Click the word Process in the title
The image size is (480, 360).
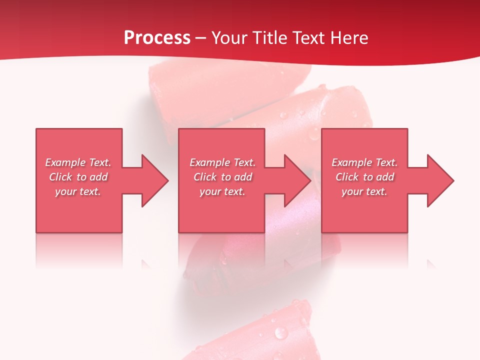[x=157, y=38]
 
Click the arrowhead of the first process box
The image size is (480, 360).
[x=152, y=180]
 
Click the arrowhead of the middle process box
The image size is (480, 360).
[x=295, y=180]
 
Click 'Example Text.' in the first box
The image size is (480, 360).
[x=78, y=162]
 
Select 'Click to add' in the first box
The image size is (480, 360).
[x=78, y=177]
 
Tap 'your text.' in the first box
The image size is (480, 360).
[x=78, y=191]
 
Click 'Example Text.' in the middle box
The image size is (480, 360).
[x=222, y=162]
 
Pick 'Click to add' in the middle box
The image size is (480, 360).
[x=222, y=177]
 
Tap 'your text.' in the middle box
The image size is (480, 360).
[x=222, y=191]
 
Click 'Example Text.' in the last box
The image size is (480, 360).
[x=364, y=162]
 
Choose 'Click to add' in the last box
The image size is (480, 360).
[x=364, y=177]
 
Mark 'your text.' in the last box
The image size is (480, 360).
[x=364, y=191]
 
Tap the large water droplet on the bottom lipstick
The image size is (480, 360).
[x=281, y=332]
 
